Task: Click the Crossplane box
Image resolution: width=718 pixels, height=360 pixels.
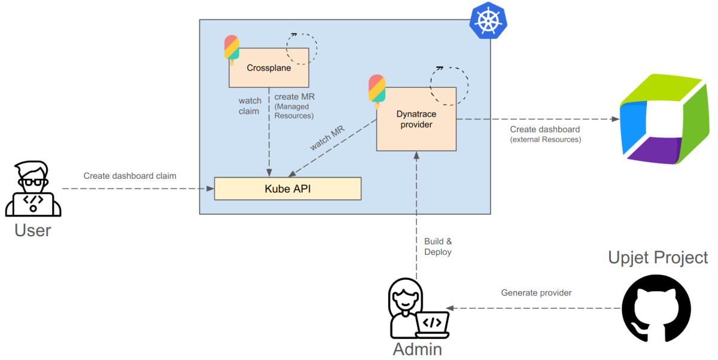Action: [x=269, y=68]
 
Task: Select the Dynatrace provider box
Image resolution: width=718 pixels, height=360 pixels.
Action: [x=416, y=119]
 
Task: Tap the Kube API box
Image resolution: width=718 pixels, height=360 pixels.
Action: [x=288, y=188]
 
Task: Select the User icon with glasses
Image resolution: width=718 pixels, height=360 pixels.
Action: [x=33, y=189]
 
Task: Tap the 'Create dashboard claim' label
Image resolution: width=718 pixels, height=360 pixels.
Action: [x=130, y=176]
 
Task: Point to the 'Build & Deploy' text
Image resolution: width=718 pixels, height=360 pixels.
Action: [x=438, y=246]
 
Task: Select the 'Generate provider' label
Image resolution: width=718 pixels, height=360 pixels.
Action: [x=536, y=292]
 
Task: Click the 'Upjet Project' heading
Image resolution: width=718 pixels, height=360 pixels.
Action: [x=658, y=258]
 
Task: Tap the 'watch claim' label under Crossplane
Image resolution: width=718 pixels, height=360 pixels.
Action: [x=250, y=106]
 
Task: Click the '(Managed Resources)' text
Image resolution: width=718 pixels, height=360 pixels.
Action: [x=294, y=111]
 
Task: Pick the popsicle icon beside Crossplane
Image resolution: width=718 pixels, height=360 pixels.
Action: [x=232, y=48]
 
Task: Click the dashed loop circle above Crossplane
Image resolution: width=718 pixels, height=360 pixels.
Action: [x=302, y=47]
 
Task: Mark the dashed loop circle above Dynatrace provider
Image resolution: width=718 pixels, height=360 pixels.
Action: [x=449, y=84]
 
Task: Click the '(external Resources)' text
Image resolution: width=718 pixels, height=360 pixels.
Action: [x=545, y=139]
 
